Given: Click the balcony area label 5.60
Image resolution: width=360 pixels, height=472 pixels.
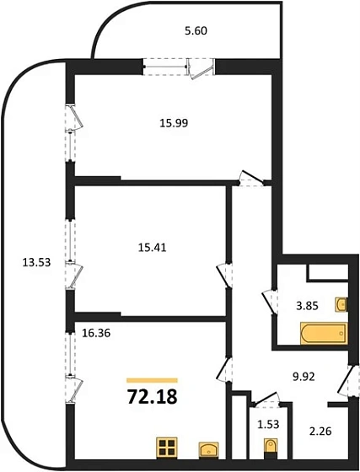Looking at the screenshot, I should point(195,32).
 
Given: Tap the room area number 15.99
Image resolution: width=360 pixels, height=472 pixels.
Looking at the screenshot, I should point(171,121).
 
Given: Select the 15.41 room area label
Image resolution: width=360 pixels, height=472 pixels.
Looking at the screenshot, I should point(149,249).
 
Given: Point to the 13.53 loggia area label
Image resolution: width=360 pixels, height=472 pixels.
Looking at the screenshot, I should point(36,262).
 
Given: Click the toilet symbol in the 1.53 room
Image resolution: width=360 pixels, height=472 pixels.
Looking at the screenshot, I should point(269,447).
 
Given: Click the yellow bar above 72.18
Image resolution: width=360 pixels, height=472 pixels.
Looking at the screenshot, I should point(152,380).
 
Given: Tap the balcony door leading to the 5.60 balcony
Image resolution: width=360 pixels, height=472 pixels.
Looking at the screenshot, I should point(201,68).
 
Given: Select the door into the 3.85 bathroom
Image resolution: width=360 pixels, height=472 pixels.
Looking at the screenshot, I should point(271,299).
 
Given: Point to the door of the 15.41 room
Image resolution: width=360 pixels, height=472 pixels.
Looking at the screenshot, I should point(225,275).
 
